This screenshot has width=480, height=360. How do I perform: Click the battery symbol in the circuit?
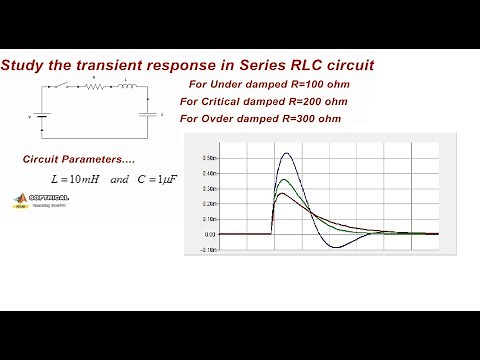pos(39,116)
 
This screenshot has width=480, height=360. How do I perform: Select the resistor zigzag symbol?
pos(97,86)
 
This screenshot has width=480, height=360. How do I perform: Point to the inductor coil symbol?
pos(128,86)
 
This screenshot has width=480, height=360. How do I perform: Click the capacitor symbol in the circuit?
pos(149,115)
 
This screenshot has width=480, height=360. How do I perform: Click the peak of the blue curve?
pos(288,154)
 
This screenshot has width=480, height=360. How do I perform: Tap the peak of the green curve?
pos(286,180)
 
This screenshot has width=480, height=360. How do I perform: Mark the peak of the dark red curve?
pos(284,194)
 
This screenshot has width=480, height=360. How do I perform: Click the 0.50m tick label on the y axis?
pos(208,158)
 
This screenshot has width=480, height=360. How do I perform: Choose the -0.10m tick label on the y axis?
pos(207,249)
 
